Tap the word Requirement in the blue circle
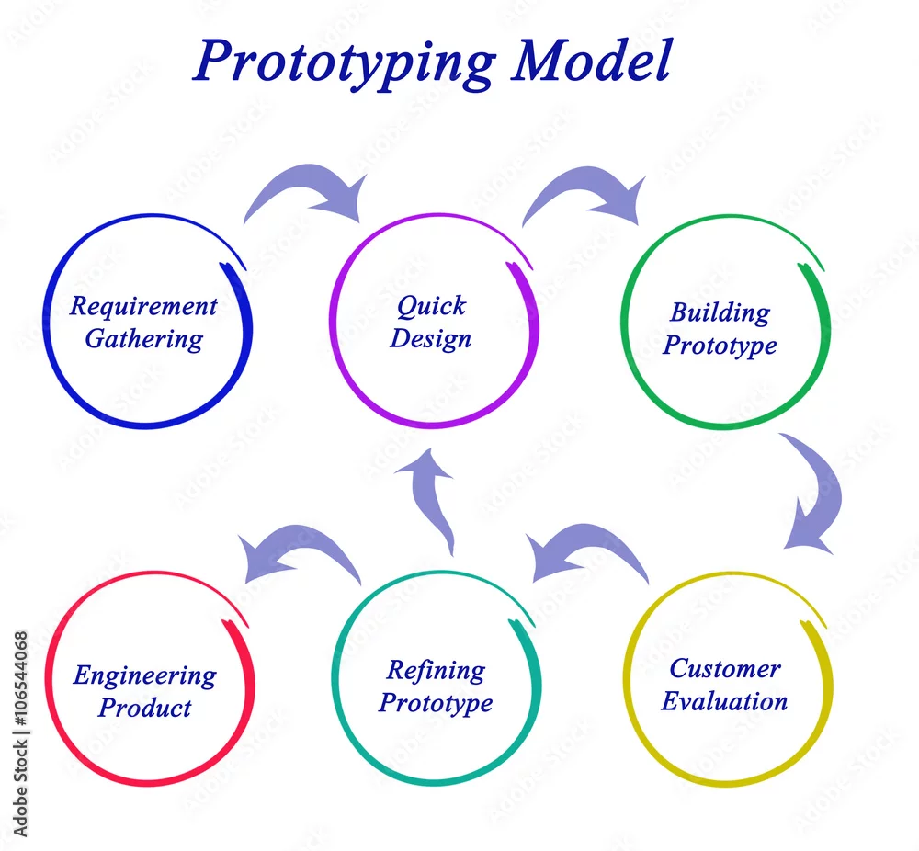tap(143, 307)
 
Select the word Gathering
tap(144, 340)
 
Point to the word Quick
tap(431, 307)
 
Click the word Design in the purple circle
tap(431, 339)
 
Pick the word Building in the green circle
tap(720, 313)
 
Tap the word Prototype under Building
tap(720, 346)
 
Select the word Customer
tap(725, 669)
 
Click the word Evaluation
tap(724, 701)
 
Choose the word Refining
tap(436, 671)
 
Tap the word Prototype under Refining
tap(436, 703)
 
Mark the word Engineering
tap(145, 676)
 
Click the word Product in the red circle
tap(145, 708)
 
